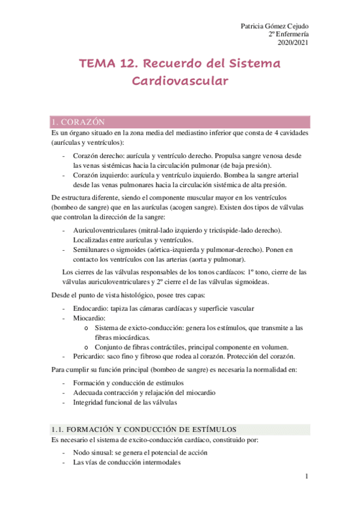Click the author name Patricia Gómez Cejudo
[x=275, y=26]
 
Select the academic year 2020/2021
[x=293, y=43]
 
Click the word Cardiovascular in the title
[x=180, y=81]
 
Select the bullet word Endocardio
[x=91, y=309]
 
